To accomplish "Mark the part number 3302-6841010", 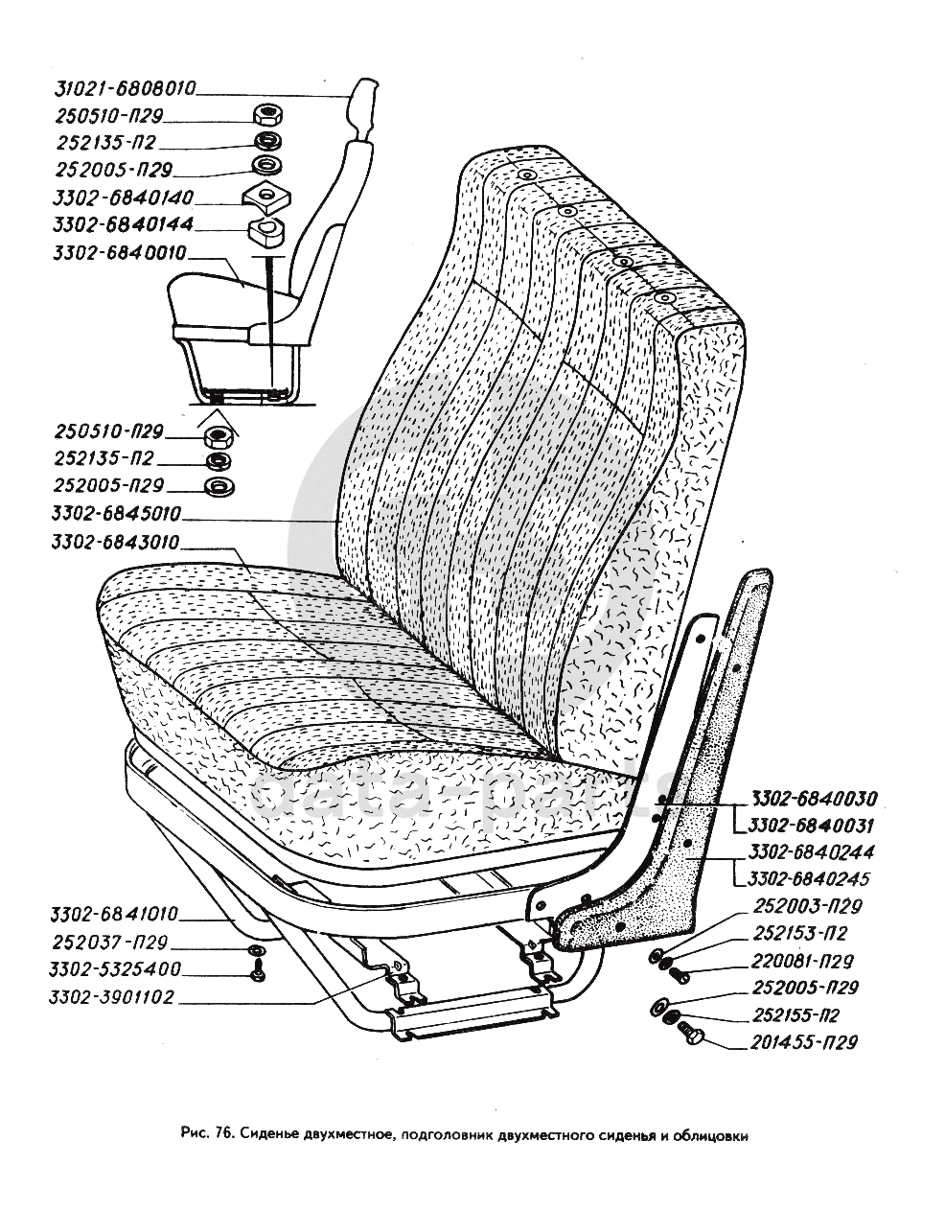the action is pos(117,915).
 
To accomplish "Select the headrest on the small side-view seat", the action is pos(361,108).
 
